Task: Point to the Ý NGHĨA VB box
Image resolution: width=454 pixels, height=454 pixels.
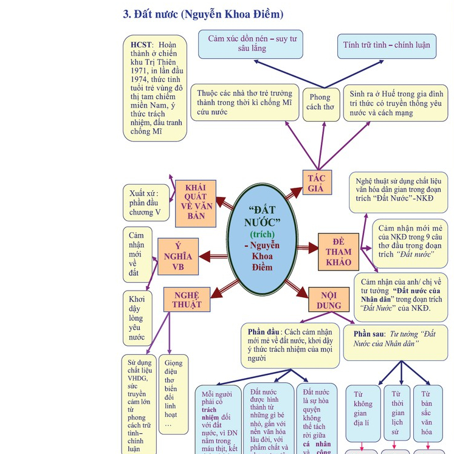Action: tap(178, 256)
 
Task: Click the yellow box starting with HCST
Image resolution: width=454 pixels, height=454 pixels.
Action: tap(154, 88)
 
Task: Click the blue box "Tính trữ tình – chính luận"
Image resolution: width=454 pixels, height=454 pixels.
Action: tap(387, 46)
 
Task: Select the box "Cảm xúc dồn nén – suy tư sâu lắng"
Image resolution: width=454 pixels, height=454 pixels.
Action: tap(250, 44)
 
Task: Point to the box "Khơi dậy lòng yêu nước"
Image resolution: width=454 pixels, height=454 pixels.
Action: tap(137, 318)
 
